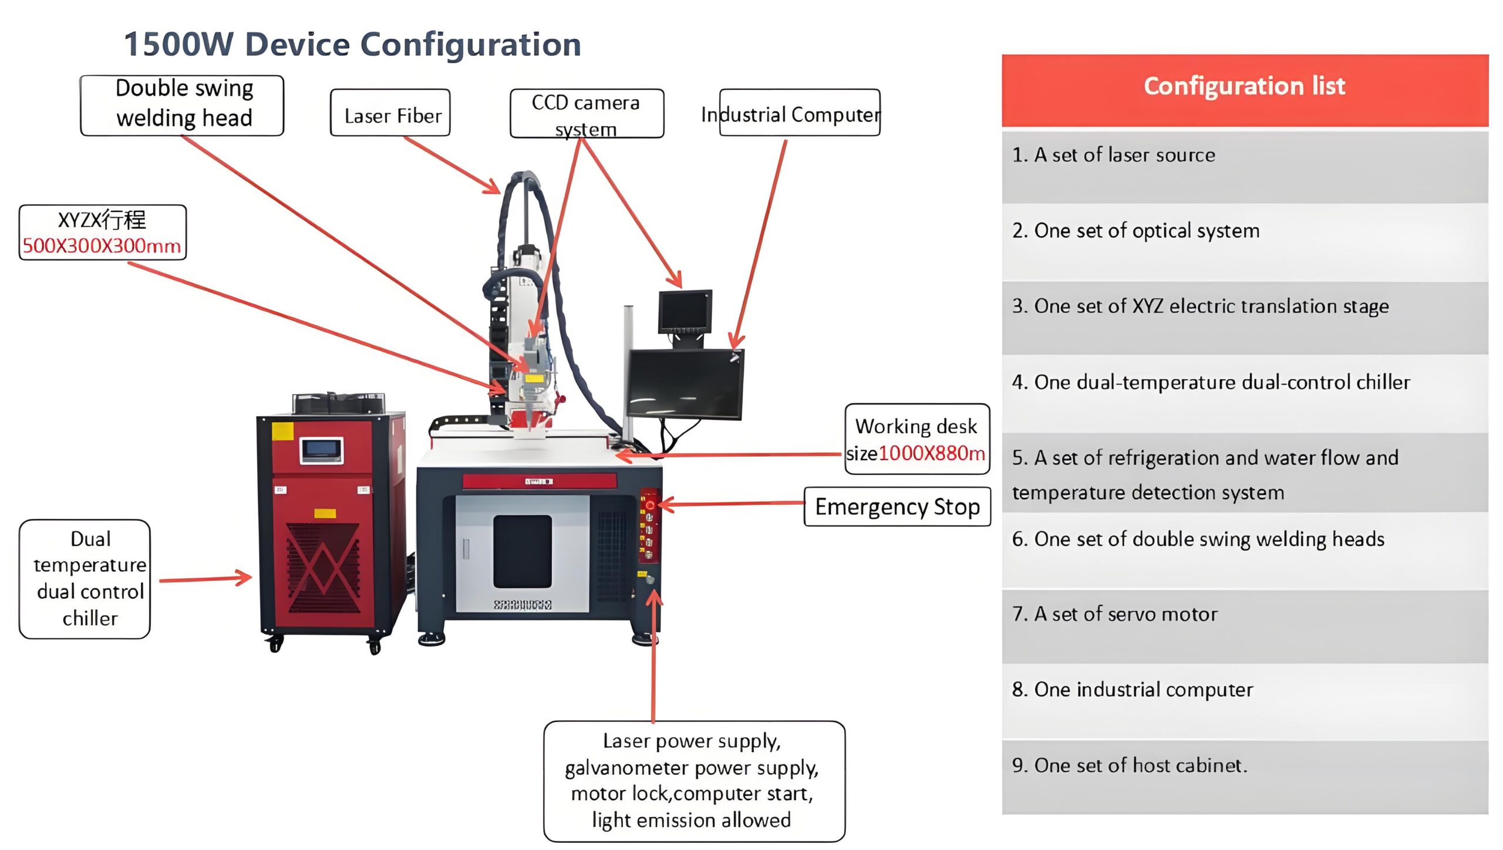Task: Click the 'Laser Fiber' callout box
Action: pos(390,113)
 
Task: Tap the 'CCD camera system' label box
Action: pos(586,114)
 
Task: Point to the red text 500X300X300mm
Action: pos(102,246)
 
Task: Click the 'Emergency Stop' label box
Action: pos(897,507)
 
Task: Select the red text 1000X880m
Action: pos(931,453)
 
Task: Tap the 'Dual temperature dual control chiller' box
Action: pos(85,579)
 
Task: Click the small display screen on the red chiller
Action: pos(321,451)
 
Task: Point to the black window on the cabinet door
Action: pos(522,551)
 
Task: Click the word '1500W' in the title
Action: pos(178,45)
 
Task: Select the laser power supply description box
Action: pos(694,781)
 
